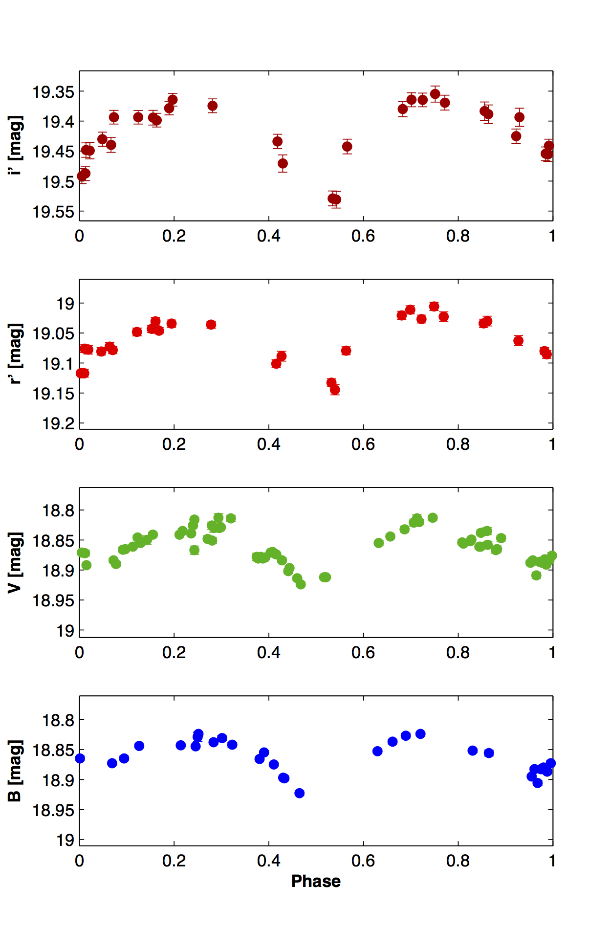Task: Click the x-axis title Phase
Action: (x=316, y=881)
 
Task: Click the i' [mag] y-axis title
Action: (x=15, y=145)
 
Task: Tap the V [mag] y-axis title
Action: (x=15, y=562)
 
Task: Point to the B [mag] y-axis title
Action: (x=15, y=771)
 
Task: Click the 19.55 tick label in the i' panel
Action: (x=53, y=212)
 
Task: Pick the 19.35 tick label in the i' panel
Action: (x=53, y=92)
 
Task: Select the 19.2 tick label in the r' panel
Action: (x=58, y=423)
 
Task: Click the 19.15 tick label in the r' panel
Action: (x=53, y=394)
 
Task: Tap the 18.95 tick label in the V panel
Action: (x=53, y=600)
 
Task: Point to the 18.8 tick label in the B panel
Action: (x=58, y=720)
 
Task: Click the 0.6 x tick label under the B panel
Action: (x=363, y=860)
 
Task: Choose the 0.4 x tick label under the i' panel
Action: (x=269, y=236)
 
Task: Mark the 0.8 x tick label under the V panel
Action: (x=458, y=652)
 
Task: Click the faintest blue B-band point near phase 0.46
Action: (x=300, y=793)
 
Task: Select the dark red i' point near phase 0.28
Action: (x=212, y=106)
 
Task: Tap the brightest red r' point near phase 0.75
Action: (x=434, y=307)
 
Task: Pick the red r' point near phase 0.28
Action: (x=211, y=325)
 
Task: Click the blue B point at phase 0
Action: (x=80, y=758)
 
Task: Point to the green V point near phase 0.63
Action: (x=378, y=543)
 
